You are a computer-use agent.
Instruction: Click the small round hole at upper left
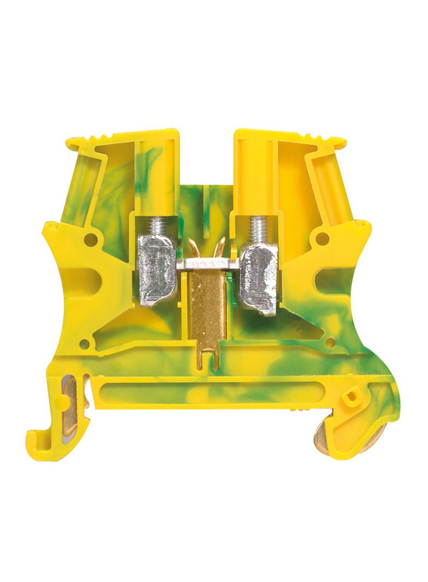pos(91,238)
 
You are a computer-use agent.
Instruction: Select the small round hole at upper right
pos(323,237)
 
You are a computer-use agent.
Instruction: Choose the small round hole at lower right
pos(331,343)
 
